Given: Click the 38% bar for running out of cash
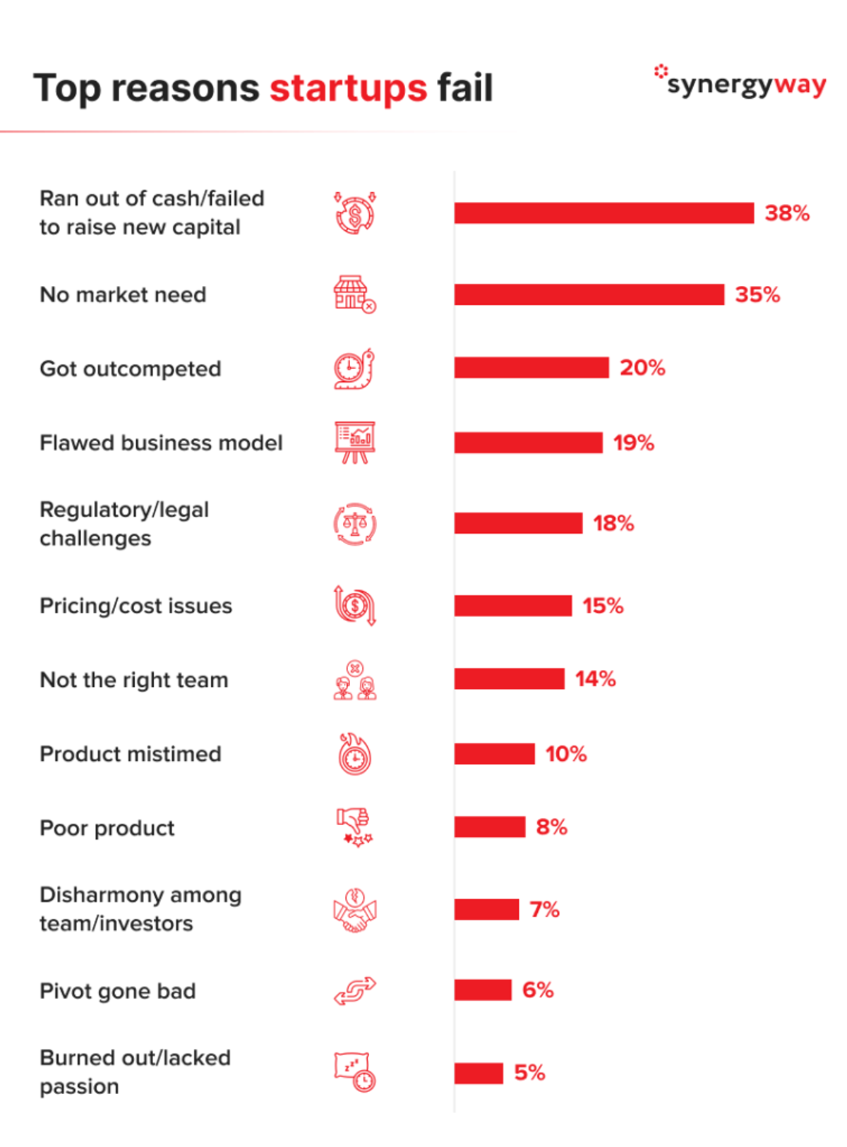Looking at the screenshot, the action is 603,212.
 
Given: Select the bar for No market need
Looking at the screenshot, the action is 589,294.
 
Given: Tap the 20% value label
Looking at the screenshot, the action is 642,368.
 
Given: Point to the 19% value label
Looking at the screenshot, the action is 633,443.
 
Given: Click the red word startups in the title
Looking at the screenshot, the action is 348,88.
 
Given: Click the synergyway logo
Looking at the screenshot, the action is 740,82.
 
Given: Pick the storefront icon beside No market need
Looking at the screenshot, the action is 354,294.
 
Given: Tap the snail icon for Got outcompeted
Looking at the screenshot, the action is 354,368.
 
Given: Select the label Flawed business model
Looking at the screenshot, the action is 161,443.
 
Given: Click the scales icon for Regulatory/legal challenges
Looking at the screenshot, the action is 355,523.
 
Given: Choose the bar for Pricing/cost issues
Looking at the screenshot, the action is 513,606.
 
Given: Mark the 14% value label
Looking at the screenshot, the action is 595,678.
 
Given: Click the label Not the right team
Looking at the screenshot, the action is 134,680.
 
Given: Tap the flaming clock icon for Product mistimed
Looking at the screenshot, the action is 355,753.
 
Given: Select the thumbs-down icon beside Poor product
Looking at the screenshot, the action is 354,827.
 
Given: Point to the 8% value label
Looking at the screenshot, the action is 551,827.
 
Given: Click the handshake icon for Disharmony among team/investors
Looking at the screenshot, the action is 355,910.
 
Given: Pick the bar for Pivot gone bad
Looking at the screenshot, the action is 483,990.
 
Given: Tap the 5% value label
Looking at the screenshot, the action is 529,1073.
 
